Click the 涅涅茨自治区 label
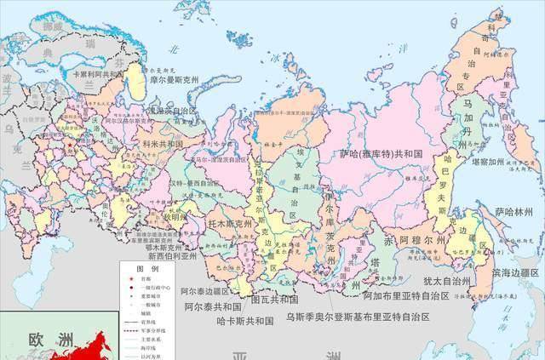[x=171, y=111]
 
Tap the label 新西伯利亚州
[x=172, y=254]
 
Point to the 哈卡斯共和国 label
[x=245, y=322]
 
